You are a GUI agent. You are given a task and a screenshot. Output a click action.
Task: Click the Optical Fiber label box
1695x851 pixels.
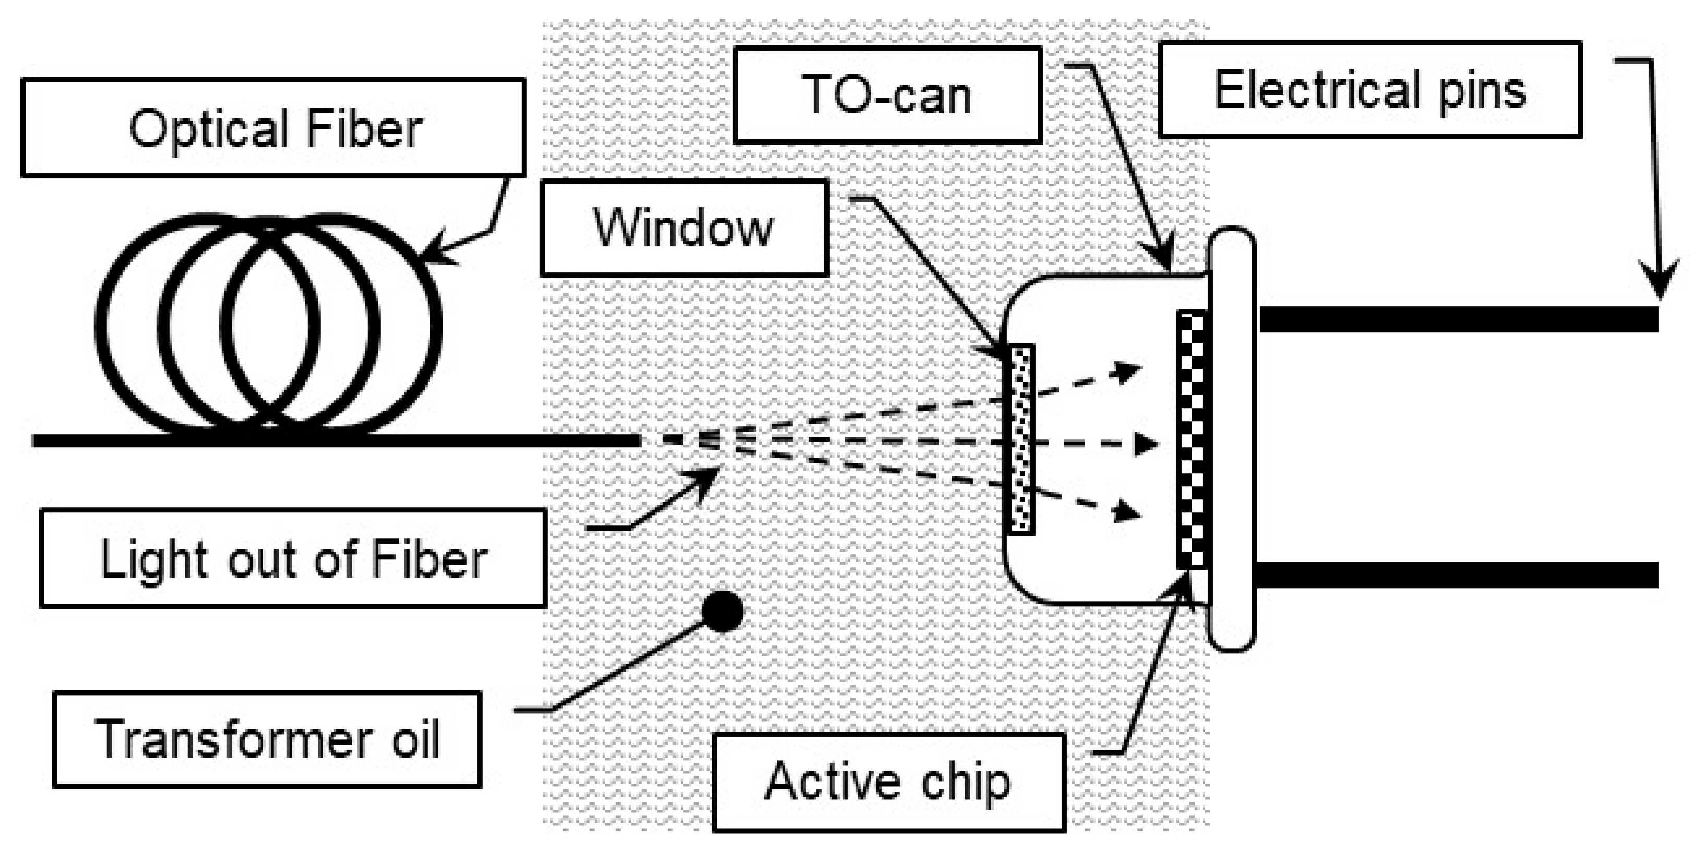(273, 128)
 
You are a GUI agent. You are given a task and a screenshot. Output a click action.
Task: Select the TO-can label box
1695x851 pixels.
(887, 95)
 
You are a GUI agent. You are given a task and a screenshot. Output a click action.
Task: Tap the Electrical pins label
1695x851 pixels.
(1369, 90)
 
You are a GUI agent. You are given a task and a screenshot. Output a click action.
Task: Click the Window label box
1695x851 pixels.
(683, 227)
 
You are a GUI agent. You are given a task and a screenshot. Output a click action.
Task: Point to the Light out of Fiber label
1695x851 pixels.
(294, 558)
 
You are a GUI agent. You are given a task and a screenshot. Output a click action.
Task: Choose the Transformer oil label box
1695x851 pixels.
(267, 739)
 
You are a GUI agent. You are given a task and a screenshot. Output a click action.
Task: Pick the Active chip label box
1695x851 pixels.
(888, 782)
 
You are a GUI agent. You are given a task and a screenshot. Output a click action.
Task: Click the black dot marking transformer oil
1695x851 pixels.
(723, 612)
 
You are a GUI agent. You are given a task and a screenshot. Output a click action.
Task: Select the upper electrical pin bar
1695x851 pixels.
(1458, 319)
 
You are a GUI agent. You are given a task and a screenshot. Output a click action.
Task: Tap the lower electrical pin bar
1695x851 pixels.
(1458, 574)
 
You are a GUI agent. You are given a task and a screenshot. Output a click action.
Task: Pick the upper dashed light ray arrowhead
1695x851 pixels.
(1129, 372)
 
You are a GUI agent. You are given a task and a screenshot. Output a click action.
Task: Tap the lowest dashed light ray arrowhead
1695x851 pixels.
(1129, 511)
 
